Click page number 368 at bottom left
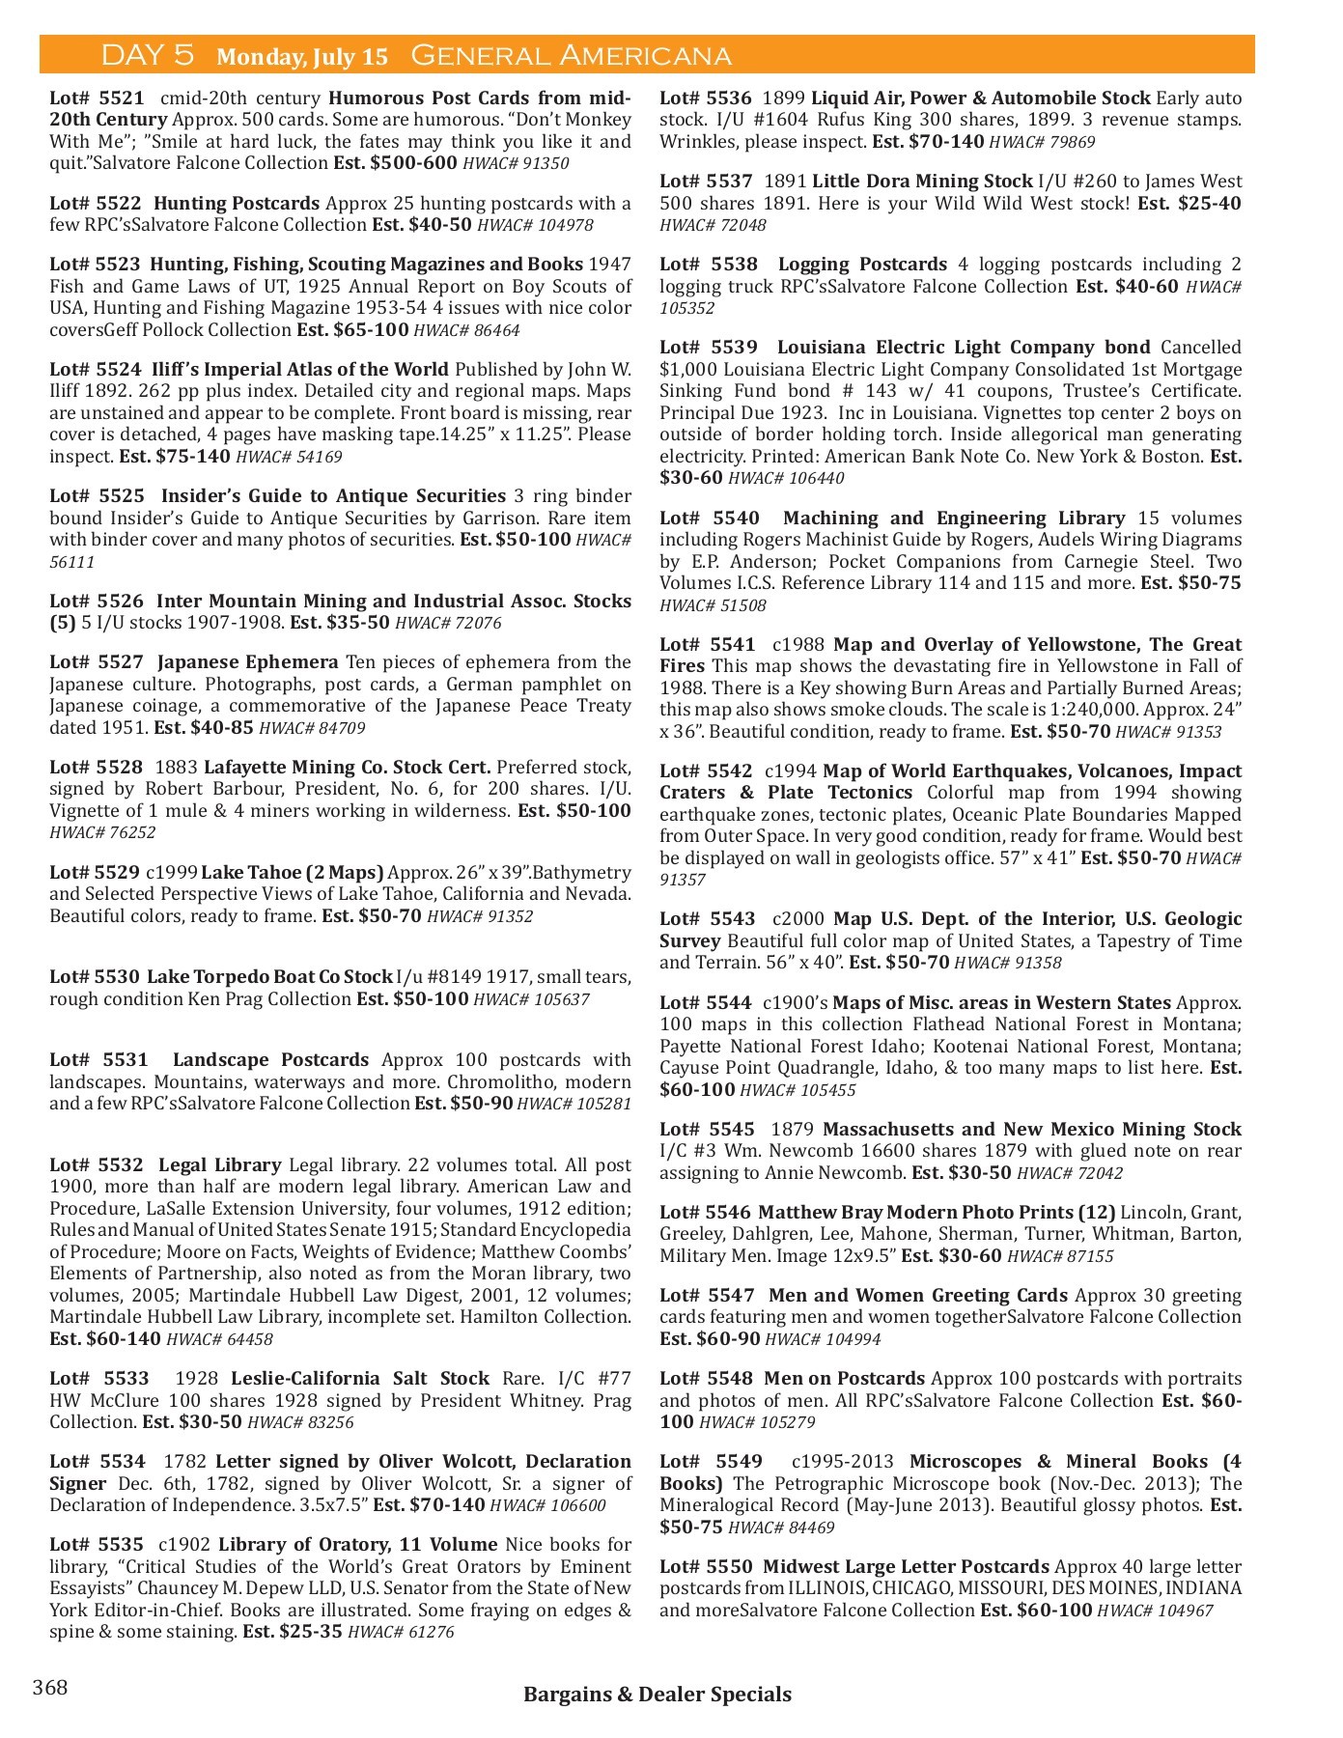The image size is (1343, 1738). click(50, 1687)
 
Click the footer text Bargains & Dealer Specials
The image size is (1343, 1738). click(657, 1694)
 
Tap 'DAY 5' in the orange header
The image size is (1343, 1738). click(148, 55)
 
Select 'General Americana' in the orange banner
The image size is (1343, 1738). click(571, 56)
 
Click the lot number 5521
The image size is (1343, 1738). click(97, 98)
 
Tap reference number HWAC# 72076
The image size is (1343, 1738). click(448, 623)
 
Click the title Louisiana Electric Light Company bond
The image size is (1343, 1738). click(963, 347)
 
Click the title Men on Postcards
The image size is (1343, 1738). click(844, 1378)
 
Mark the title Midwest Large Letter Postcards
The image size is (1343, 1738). click(905, 1566)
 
